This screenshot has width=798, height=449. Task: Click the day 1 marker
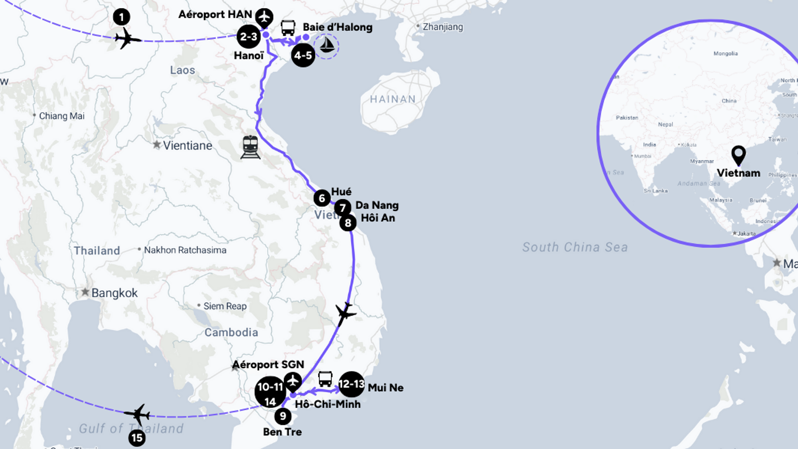tap(121, 17)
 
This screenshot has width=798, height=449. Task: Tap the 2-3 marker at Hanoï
tap(248, 37)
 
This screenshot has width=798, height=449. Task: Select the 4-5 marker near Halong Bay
tap(303, 55)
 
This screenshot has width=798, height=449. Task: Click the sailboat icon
tap(327, 45)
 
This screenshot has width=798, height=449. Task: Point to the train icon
tap(250, 147)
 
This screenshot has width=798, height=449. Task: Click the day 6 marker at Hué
tap(322, 198)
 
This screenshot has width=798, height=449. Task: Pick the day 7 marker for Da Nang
tap(342, 208)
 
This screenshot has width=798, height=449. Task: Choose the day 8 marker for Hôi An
tap(348, 223)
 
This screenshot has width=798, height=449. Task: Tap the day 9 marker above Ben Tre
tap(283, 416)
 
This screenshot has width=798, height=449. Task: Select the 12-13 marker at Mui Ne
tap(351, 384)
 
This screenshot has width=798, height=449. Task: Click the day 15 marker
tap(137, 438)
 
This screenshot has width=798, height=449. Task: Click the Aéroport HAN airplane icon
tap(264, 17)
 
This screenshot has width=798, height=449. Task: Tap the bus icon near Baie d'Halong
tap(288, 28)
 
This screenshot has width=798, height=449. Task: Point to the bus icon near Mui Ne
tap(325, 379)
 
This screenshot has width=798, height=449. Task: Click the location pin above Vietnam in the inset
tap(739, 155)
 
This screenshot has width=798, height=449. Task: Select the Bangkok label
tap(114, 293)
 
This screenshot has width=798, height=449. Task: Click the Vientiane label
tap(187, 146)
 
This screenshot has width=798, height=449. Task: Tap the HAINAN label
tap(393, 99)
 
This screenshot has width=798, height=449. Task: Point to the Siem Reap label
tap(225, 306)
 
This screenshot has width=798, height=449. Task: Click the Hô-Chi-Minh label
tap(328, 404)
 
